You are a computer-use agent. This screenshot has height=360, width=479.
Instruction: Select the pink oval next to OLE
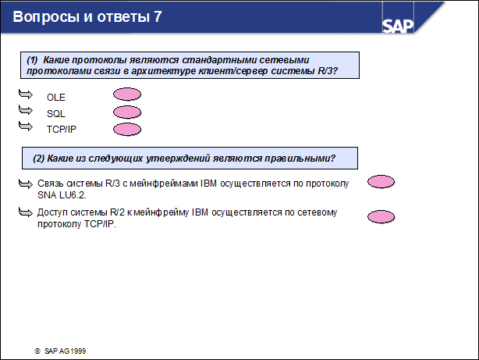tap(127, 94)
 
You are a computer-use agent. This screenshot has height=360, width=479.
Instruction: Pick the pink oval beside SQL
tap(127, 112)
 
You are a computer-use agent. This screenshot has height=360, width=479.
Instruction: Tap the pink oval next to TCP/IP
tap(127, 129)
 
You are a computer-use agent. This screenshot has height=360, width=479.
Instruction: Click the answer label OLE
tap(56, 98)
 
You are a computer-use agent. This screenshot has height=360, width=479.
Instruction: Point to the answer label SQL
tap(56, 114)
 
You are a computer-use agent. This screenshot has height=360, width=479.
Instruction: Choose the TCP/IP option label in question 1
tap(62, 130)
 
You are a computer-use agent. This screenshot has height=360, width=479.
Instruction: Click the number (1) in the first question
tap(32, 59)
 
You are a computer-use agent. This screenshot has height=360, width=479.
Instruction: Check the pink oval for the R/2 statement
tap(381, 216)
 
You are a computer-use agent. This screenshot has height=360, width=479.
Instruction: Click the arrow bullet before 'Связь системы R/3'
tap(24, 184)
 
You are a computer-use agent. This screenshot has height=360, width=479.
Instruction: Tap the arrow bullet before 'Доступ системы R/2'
tap(24, 212)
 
